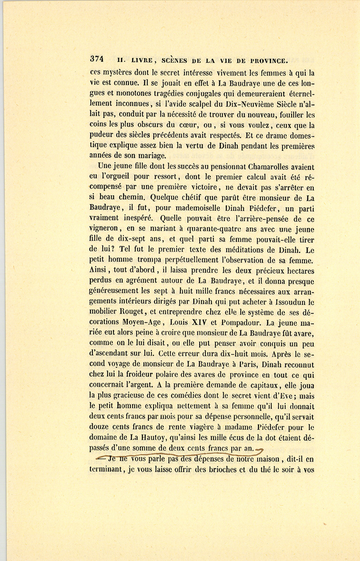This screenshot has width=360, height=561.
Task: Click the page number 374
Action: pos(97,59)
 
